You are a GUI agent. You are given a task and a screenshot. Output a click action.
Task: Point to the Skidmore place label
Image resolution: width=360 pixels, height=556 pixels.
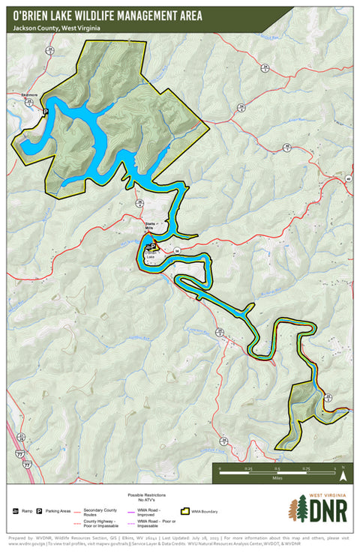click(28, 96)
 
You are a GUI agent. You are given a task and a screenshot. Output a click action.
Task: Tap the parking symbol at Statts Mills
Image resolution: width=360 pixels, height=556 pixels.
click(154, 246)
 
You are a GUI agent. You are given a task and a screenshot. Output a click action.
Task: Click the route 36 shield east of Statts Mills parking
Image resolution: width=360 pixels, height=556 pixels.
click(178, 250)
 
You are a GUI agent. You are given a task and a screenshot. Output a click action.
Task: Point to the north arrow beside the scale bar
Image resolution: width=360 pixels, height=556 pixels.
click(343, 472)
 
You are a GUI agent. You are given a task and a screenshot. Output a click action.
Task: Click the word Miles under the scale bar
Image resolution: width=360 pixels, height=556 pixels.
click(277, 477)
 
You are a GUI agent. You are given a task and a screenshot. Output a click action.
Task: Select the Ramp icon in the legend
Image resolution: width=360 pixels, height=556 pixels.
click(16, 510)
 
